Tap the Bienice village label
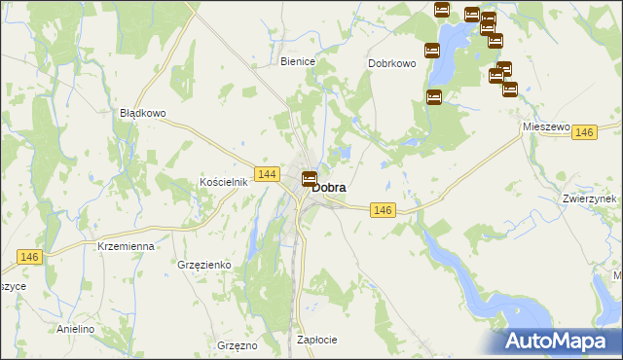click(298, 61)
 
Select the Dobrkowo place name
click(392, 63)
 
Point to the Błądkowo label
click(143, 113)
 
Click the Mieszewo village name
click(545, 126)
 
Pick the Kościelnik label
click(226, 182)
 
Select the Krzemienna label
click(127, 247)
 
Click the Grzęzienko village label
click(203, 264)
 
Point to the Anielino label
click(75, 329)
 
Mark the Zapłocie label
click(316, 340)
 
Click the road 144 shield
click(270, 174)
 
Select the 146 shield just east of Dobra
click(383, 210)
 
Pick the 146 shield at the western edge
click(29, 256)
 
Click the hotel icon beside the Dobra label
click(310, 178)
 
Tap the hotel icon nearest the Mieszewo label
click(509, 90)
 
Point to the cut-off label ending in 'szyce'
click(13, 287)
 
